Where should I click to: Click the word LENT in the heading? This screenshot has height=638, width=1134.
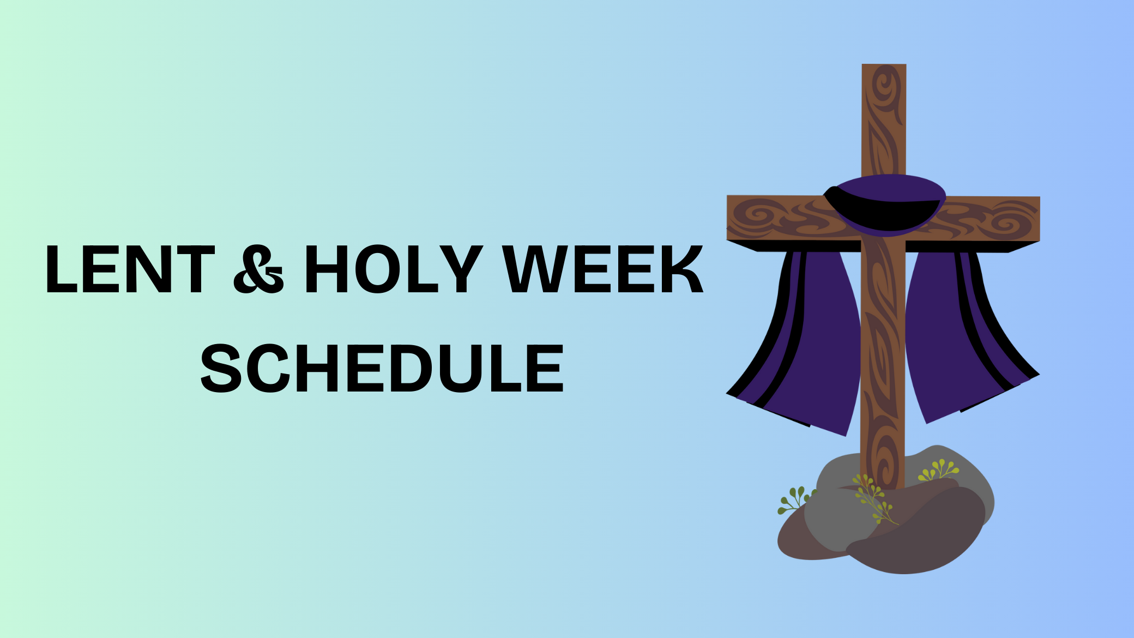tap(130, 269)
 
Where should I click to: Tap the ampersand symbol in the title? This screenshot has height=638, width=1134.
tap(258, 269)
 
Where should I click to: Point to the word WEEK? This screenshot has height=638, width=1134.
tap(603, 269)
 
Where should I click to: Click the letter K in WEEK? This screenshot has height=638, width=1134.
tap(679, 269)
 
